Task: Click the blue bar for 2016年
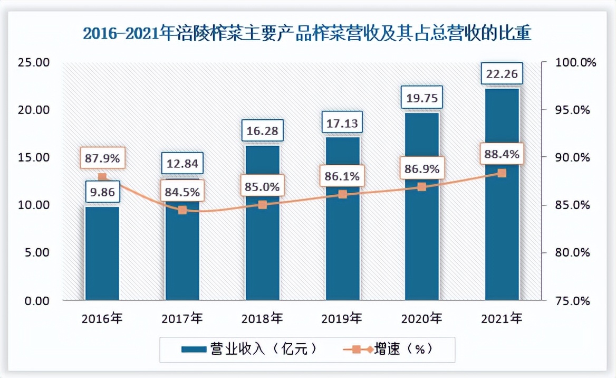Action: click(102, 253)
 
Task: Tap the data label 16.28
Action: click(263, 130)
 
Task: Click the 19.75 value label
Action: click(422, 98)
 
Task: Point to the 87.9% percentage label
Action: click(102, 158)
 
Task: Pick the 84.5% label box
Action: click(182, 191)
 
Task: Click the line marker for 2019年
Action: click(343, 194)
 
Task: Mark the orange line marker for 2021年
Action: click(502, 173)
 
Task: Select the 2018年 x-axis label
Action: click(262, 318)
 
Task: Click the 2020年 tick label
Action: click(422, 318)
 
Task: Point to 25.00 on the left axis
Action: click(33, 63)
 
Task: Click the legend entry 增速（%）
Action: click(390, 349)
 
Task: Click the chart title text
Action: click(307, 34)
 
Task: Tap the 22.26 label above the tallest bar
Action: click(502, 74)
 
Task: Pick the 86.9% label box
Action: click(422, 169)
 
